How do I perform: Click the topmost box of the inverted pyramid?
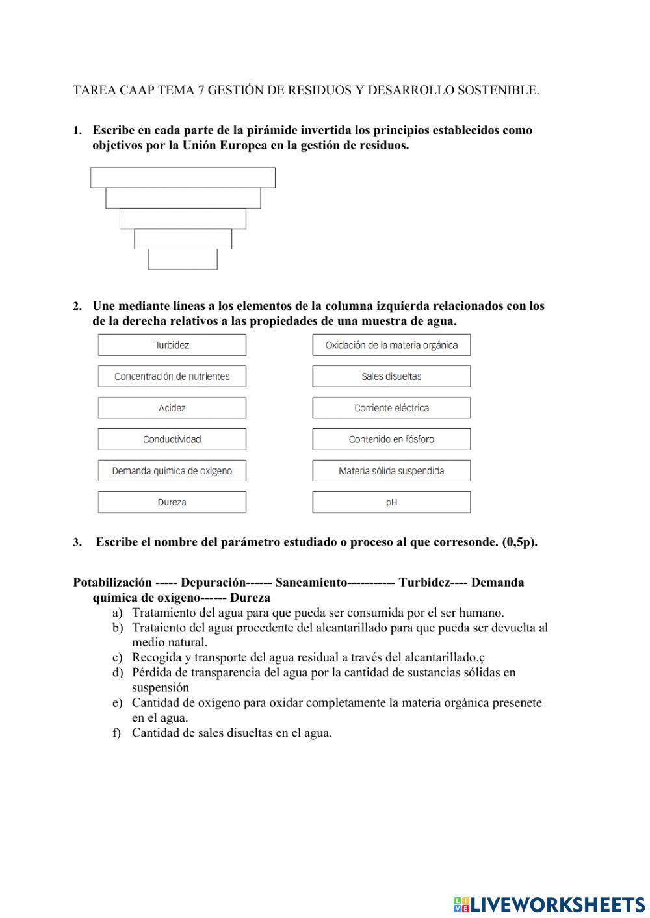(x=183, y=177)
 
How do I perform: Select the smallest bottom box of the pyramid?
(x=183, y=259)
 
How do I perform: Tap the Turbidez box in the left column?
(x=172, y=345)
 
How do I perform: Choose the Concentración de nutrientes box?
(x=172, y=376)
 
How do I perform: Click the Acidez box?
(x=172, y=408)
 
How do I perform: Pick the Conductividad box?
(x=172, y=439)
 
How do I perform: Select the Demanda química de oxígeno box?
(x=172, y=471)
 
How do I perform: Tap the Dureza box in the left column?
(x=172, y=502)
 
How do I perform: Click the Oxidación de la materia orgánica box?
(x=391, y=345)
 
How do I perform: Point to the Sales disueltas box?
(x=391, y=376)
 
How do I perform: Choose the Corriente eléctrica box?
(x=391, y=408)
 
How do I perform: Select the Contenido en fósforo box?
(x=391, y=439)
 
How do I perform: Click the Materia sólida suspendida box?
(x=391, y=471)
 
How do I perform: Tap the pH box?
(x=391, y=502)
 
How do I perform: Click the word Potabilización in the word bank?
(x=112, y=583)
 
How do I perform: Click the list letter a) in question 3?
(x=117, y=613)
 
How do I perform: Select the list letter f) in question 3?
(x=117, y=733)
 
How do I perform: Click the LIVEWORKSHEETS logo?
(x=549, y=904)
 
